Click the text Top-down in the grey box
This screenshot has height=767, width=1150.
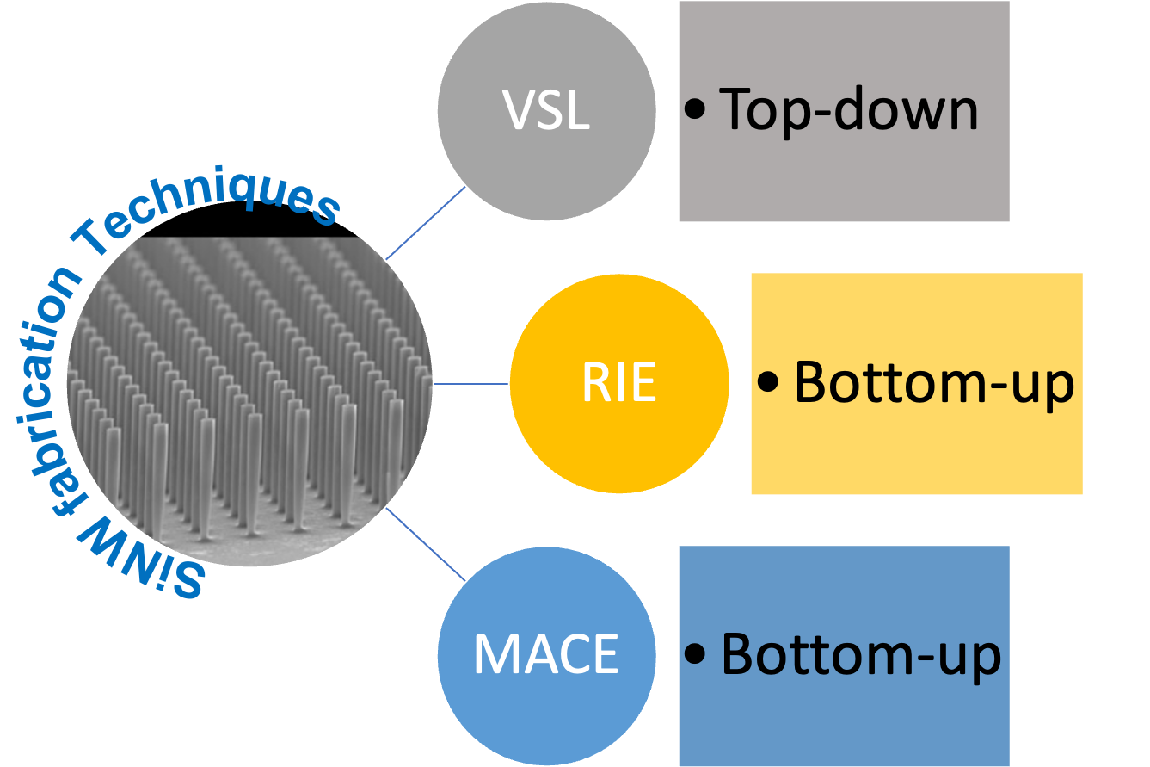click(x=849, y=110)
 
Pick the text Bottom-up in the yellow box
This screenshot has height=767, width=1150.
click(x=933, y=382)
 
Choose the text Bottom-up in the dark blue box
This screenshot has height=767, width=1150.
click(x=861, y=655)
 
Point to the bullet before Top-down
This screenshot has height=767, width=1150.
click(x=696, y=111)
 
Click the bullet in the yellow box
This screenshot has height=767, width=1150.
click(x=768, y=383)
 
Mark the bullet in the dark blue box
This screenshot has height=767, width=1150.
click(x=696, y=655)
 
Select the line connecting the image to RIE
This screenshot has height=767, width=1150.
click(x=471, y=384)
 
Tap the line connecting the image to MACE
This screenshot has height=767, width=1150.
click(x=426, y=544)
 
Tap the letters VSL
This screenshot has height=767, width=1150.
click(x=547, y=112)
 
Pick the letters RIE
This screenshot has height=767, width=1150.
click(x=619, y=384)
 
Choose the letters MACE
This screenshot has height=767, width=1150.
click(x=546, y=655)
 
